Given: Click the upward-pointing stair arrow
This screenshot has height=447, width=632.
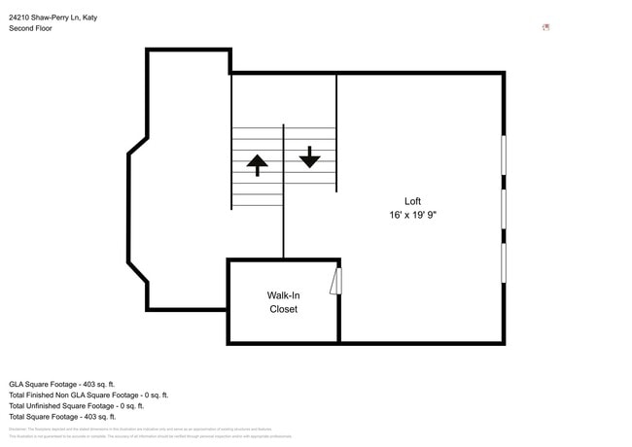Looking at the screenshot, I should pos(257,164).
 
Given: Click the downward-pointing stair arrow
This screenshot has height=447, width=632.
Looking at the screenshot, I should pos(309,156).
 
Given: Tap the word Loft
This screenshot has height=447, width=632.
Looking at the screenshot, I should pos(412,201).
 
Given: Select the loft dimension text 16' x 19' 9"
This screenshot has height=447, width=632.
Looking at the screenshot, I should pos(412,216).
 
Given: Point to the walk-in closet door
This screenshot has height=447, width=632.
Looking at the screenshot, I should pos(336,282).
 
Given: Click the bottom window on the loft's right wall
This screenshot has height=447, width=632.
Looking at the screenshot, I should pos(503,262).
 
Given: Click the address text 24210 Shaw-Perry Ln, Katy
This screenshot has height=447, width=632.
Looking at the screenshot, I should pos(53,17).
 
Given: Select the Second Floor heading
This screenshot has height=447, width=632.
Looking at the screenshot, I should pos(30,28).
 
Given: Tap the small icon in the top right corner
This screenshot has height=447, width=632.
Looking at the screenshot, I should pos(545,27).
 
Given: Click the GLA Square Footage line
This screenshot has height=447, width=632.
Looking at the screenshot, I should pos(62,384).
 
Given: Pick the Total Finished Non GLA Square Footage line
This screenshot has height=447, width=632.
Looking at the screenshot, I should pos(88,395).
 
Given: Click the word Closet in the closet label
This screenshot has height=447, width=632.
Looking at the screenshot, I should pos(283,310).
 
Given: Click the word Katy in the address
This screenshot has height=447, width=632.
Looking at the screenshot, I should pos(89,17).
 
